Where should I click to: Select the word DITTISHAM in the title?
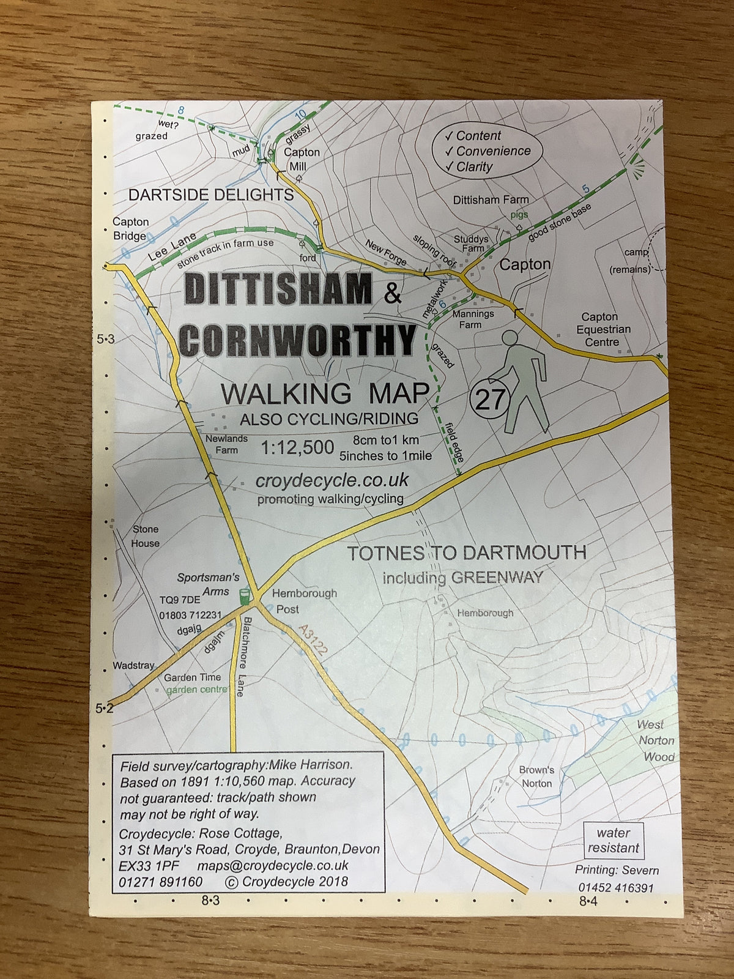278,289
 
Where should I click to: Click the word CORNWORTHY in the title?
298,340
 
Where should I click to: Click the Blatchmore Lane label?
243,657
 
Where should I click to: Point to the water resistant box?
613,840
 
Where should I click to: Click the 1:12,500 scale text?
297,448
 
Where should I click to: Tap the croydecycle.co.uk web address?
332,480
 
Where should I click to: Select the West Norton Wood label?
656,740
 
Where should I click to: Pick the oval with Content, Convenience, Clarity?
487,151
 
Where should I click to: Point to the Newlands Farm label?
226,444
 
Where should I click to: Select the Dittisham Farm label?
491,200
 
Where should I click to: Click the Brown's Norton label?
536,776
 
